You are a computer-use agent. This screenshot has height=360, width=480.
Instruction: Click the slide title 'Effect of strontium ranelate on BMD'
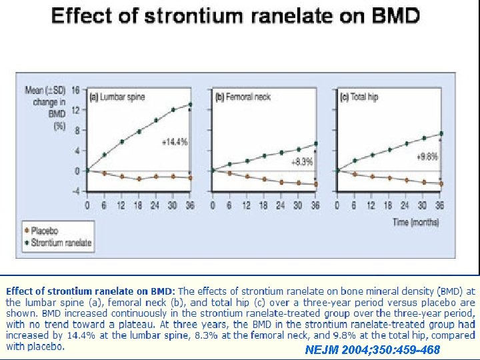click(x=235, y=17)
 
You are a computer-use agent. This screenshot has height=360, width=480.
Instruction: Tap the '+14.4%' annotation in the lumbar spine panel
click(x=175, y=142)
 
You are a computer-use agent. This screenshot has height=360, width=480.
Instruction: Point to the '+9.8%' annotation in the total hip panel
click(x=427, y=157)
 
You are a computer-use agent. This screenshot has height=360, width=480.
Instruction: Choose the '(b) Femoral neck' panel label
click(x=243, y=97)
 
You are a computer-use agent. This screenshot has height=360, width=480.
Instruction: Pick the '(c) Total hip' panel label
click(x=359, y=97)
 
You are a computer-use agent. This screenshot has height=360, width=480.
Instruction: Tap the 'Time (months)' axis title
click(x=416, y=222)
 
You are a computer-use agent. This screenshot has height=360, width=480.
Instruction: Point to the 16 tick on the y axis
click(x=76, y=89)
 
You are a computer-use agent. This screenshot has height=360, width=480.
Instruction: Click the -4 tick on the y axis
click(x=76, y=192)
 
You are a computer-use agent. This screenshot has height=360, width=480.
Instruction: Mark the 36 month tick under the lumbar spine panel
click(x=190, y=205)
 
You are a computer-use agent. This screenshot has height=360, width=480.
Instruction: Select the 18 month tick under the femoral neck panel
click(x=264, y=205)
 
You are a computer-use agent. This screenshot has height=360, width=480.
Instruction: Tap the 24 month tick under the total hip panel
click(x=406, y=205)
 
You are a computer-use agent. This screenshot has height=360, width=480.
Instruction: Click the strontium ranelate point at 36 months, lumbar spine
click(x=190, y=104)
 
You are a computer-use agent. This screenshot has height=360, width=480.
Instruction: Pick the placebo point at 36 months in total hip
click(x=441, y=183)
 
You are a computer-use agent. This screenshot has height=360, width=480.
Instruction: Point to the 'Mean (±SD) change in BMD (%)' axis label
click(x=47, y=107)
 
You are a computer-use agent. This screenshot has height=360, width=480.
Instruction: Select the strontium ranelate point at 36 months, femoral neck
click(x=315, y=143)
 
